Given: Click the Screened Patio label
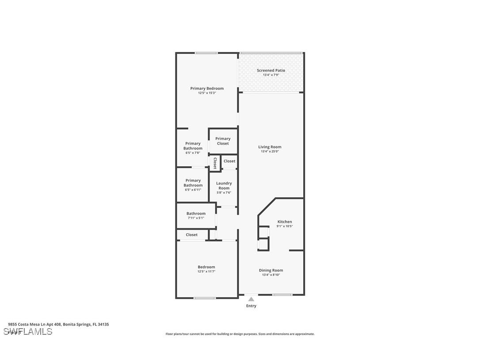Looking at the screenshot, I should (271, 70).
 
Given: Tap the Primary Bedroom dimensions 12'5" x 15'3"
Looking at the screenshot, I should (207, 93).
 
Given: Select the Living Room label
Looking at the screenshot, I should (270, 147).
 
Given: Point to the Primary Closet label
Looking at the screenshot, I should (223, 141).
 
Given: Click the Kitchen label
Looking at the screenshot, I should (285, 222).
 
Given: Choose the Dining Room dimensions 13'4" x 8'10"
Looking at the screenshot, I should (271, 275).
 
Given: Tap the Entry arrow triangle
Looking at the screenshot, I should (251, 299).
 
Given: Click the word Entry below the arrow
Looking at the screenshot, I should (251, 306).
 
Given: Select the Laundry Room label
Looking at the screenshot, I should (224, 186).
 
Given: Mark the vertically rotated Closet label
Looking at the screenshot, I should (215, 163).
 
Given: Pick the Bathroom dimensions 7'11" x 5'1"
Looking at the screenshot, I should (195, 218).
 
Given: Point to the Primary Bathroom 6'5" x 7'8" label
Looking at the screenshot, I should (193, 146).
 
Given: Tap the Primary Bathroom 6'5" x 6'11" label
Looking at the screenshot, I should (193, 183).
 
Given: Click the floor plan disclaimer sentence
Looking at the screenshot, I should (240, 334).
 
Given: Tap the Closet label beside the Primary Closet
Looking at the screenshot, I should (229, 161).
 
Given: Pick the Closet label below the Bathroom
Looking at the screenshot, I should (191, 235).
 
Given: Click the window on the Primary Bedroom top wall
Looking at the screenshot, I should (206, 53).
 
